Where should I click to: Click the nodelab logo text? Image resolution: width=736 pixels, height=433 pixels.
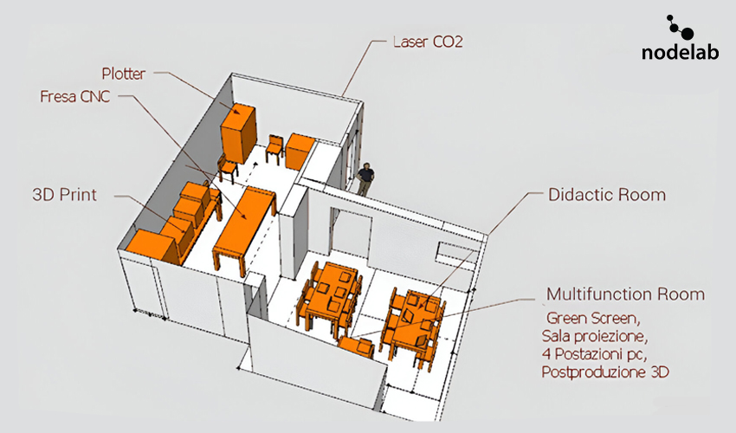pos(680,52)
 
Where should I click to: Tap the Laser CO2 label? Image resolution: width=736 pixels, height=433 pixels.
pos(428,42)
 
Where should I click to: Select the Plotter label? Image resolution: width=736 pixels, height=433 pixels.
pos(124,74)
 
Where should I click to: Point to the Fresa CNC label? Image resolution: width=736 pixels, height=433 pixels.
pos(74,96)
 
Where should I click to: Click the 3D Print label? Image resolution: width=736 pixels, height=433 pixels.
pos(64,195)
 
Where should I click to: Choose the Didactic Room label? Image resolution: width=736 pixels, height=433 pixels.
pos(607,195)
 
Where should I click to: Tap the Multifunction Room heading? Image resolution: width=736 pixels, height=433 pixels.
pos(626,294)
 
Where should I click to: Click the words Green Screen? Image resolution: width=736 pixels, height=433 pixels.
pos(593,319)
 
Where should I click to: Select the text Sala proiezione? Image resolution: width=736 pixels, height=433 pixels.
pos(594,336)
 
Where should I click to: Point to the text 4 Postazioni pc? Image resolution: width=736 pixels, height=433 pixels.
pos(594,354)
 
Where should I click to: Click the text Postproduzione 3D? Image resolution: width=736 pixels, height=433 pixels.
pos(605,372)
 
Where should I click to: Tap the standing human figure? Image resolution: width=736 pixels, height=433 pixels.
pos(365,179)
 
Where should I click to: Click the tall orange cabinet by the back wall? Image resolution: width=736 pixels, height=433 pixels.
pos(238,132)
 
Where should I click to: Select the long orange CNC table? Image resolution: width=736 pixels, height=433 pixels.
pos(244,226)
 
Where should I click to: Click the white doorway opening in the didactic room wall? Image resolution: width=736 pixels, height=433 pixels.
pos(351,232)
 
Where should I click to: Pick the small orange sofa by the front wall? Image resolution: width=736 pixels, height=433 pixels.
pos(356,347)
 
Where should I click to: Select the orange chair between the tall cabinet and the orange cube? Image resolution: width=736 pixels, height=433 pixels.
pos(275,148)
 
